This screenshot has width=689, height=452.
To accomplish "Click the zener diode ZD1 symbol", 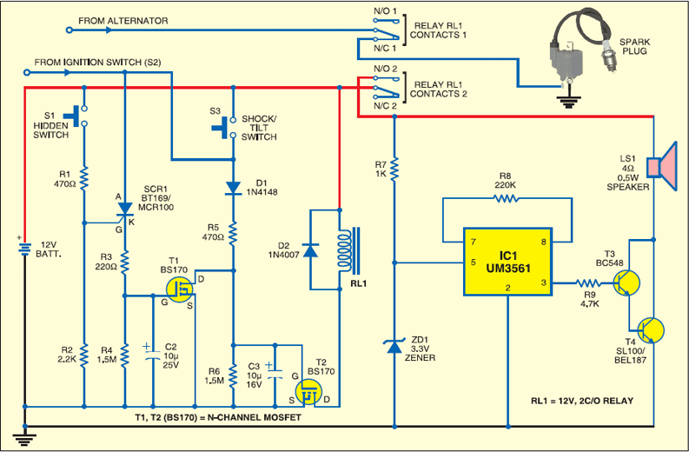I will pyautogui.click(x=395, y=348).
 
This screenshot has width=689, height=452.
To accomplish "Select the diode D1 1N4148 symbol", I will pyautogui.click(x=234, y=188).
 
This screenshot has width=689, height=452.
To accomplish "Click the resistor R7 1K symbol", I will pyautogui.click(x=395, y=167).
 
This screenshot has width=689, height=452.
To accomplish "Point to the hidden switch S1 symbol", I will pyautogui.click(x=84, y=115).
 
